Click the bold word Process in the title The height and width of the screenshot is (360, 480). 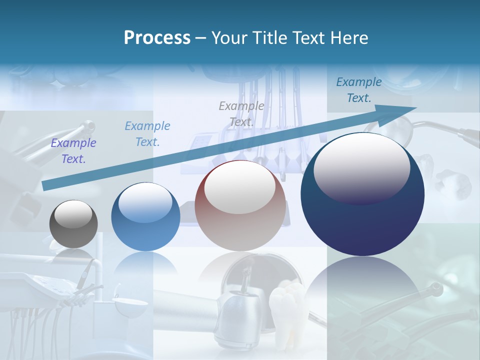157,38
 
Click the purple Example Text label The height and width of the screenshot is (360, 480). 73,151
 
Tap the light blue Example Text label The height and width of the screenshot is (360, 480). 147,134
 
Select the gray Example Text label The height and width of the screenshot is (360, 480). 241,114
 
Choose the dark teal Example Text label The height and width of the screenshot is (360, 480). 359,90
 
